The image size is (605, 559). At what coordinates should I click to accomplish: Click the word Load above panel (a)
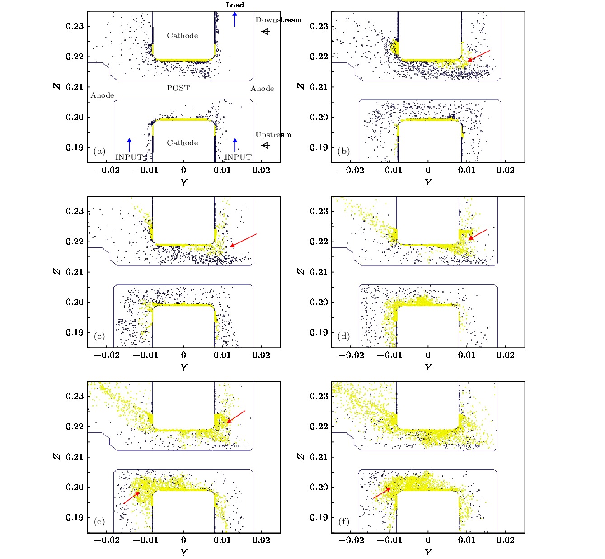click(235, 5)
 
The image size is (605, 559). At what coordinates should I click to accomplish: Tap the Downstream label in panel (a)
click(278, 20)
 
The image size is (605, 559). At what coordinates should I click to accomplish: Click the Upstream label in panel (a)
click(273, 135)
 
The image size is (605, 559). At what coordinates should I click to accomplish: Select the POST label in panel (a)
click(178, 88)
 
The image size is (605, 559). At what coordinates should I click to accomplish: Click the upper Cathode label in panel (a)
click(182, 36)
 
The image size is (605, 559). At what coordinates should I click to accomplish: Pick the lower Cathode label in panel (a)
click(182, 143)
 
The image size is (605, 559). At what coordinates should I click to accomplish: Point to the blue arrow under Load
click(234, 19)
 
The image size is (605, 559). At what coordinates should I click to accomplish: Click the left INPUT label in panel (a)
click(129, 157)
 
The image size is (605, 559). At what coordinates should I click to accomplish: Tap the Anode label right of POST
click(262, 89)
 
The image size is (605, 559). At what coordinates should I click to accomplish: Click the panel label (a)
click(99, 152)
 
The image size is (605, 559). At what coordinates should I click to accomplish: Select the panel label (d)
click(344, 336)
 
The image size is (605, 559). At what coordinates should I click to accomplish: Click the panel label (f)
click(344, 521)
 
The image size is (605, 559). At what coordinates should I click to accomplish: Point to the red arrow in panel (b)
click(478, 56)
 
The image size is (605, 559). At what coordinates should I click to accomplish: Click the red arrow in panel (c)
click(243, 240)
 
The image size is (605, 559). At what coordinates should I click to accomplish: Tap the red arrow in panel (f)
click(382, 493)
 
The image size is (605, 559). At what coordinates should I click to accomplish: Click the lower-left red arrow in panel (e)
click(131, 497)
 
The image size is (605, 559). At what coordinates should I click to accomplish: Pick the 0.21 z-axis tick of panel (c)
click(75, 272)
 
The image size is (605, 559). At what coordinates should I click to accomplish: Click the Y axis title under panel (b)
click(428, 182)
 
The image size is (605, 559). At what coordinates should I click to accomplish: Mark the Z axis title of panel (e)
click(56, 456)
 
